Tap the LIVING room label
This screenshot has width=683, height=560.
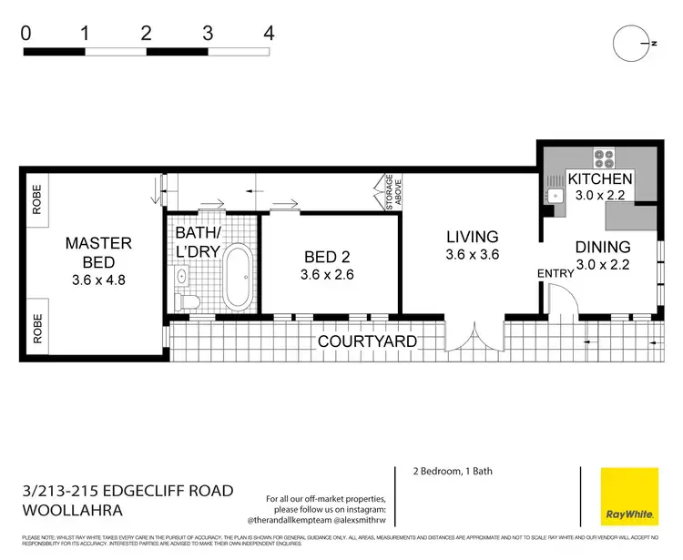tap(472, 238)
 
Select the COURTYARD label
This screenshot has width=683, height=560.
tap(367, 341)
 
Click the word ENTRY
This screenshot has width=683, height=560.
tap(557, 273)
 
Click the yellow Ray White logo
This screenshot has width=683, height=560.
tap(629, 496)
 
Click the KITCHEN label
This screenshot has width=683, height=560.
tap(599, 178)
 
